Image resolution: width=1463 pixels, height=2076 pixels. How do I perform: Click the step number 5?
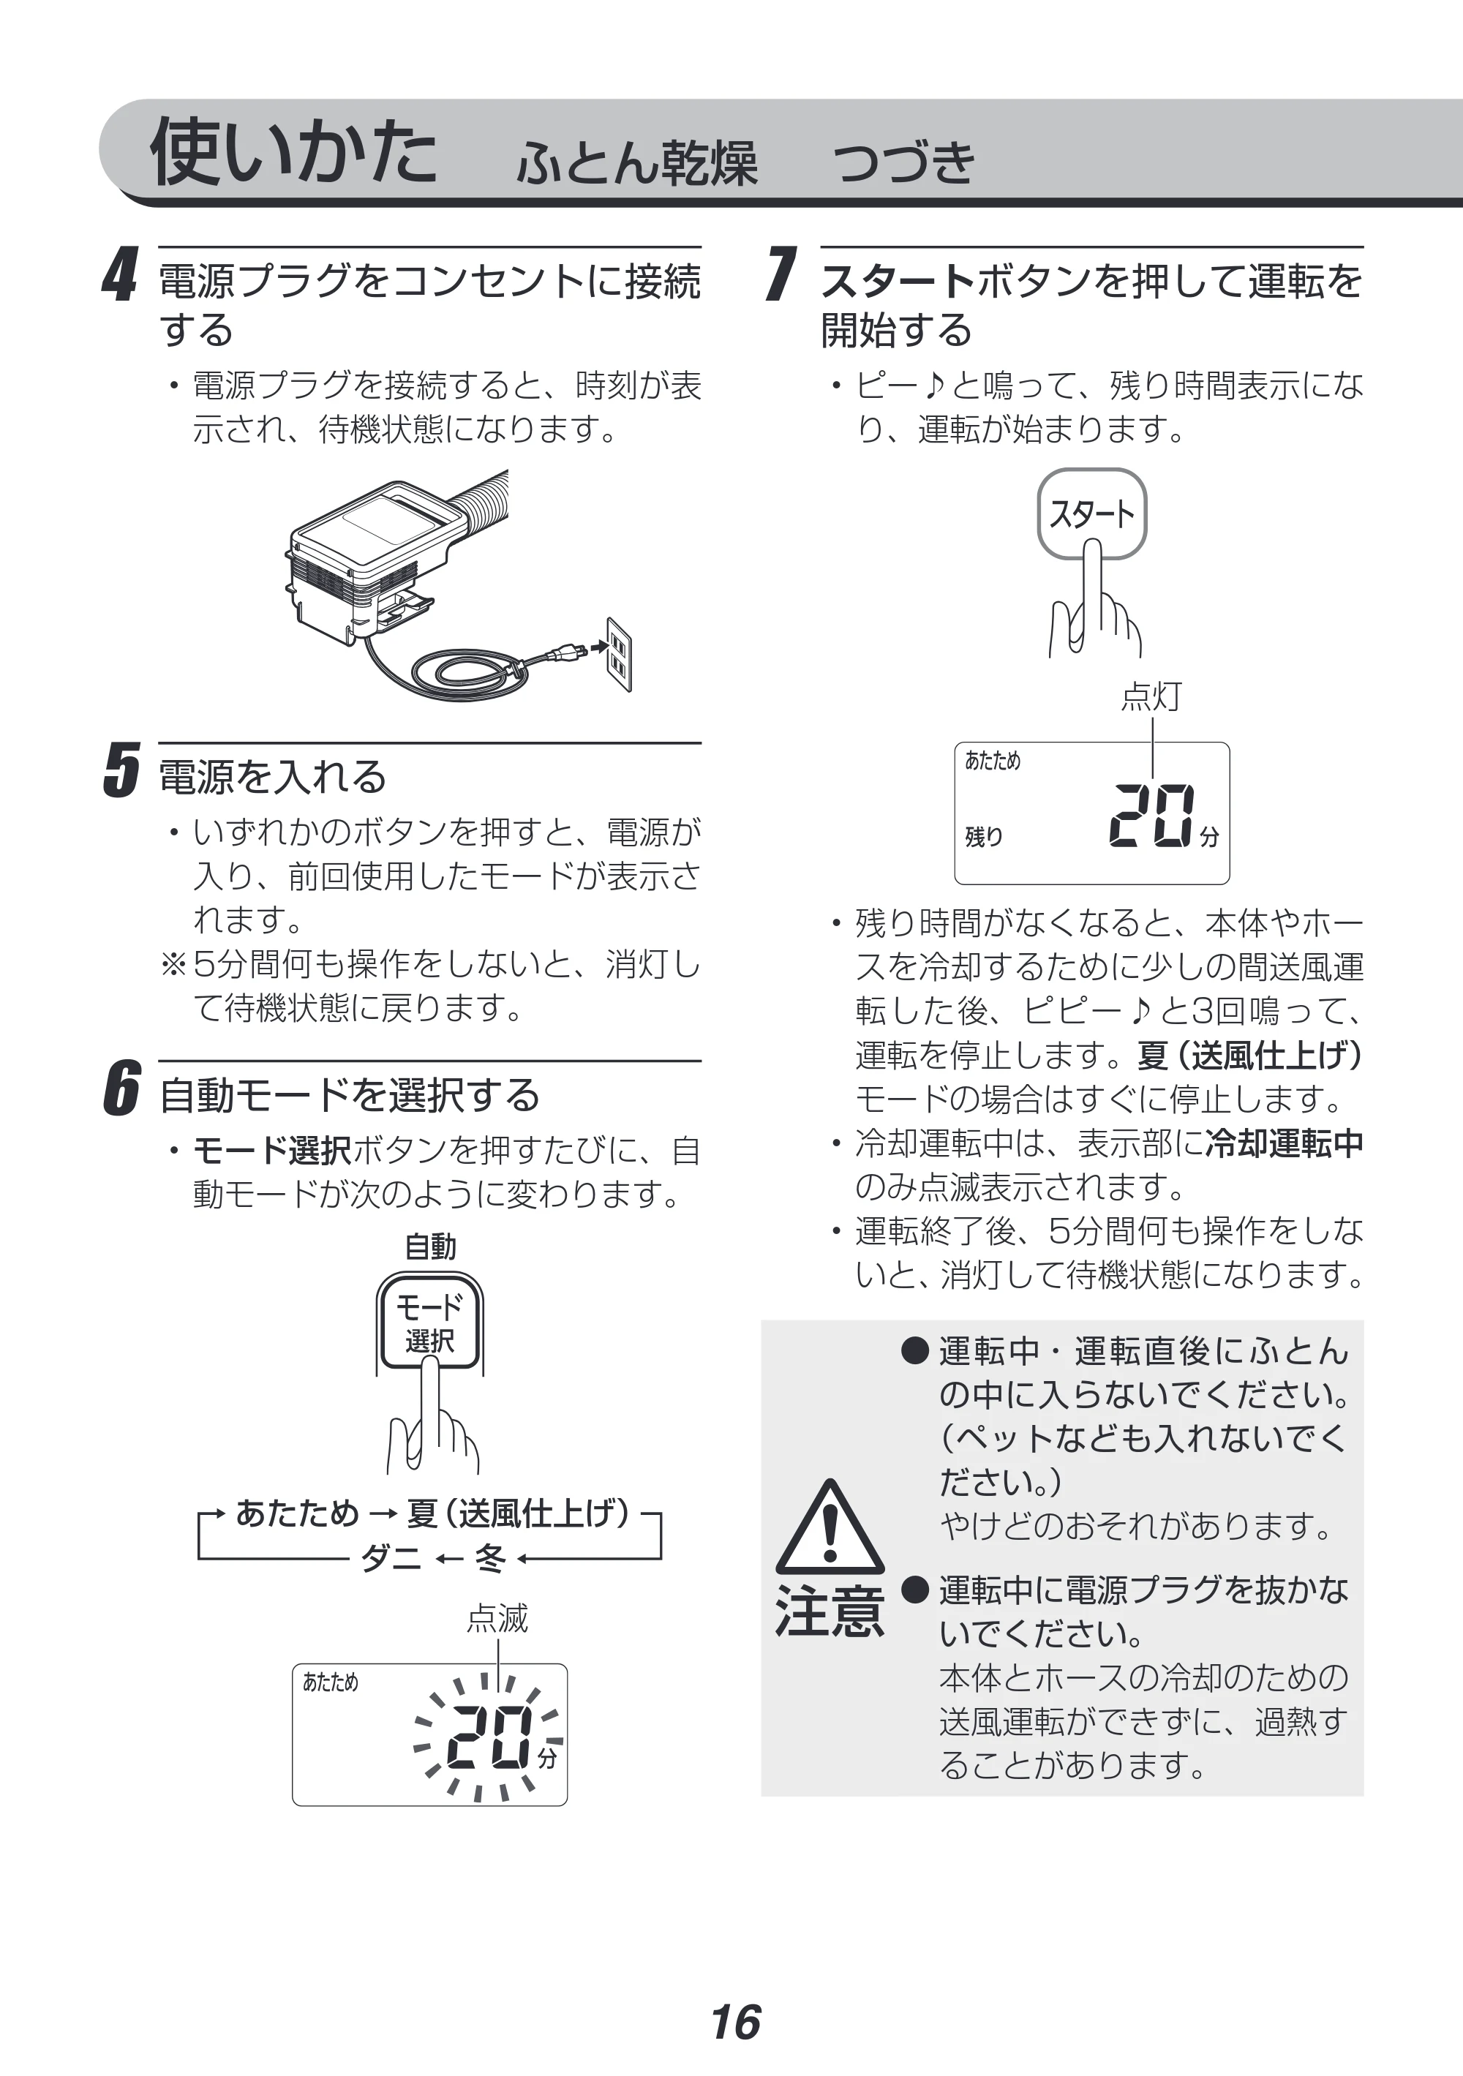[x=121, y=770]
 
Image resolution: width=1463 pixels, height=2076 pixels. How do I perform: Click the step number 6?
[x=121, y=1088]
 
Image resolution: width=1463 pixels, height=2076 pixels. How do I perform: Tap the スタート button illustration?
[x=1091, y=514]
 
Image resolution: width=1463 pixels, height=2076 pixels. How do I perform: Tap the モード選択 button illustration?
[x=429, y=1322]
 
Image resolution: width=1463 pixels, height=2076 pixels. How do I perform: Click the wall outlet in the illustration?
[x=618, y=655]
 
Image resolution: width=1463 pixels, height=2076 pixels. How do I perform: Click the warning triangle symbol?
[x=829, y=1529]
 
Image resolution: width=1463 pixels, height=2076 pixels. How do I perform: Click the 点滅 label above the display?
[x=497, y=1617]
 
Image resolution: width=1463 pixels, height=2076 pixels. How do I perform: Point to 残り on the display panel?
[x=984, y=836]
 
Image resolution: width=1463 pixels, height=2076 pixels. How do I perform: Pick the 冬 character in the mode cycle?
[x=491, y=1558]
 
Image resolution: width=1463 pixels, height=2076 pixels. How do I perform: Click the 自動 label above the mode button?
[x=429, y=1247]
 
